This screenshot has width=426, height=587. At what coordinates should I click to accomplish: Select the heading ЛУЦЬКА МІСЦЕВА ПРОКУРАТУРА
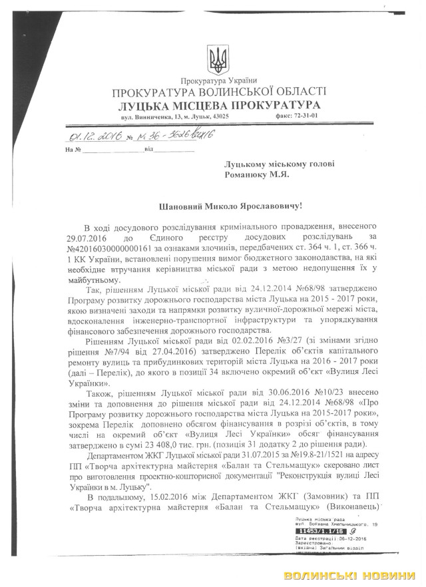[x=219, y=105]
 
